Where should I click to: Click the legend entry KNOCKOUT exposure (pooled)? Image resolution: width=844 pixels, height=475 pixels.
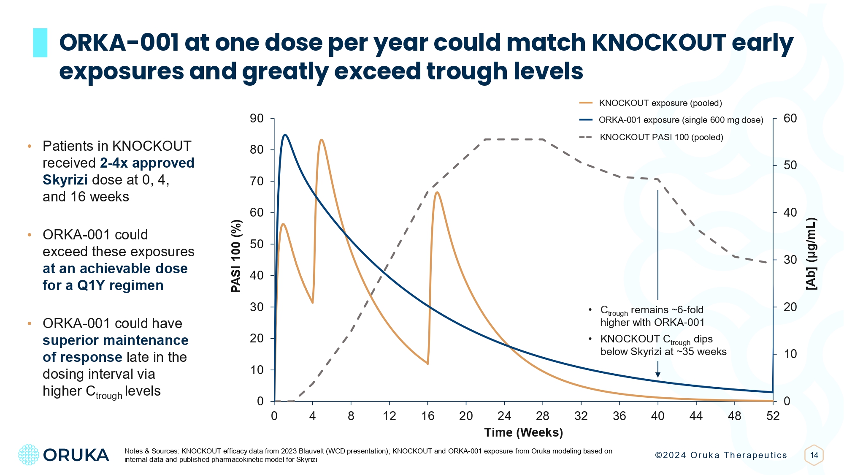[660, 103]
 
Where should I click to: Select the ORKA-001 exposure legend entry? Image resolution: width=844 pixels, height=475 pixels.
[681, 120]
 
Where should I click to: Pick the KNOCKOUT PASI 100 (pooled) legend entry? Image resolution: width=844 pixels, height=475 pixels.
[661, 137]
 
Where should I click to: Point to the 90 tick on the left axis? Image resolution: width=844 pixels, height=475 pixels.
[257, 119]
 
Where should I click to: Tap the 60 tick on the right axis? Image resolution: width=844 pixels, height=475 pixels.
[790, 119]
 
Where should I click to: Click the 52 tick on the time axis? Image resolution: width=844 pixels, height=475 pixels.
[773, 416]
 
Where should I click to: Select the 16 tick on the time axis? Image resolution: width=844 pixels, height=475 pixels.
[427, 416]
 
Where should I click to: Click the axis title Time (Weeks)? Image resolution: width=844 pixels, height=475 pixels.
[523, 432]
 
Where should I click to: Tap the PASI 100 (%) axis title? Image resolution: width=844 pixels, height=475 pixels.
[236, 256]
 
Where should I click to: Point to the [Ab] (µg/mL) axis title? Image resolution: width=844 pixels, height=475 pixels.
[811, 254]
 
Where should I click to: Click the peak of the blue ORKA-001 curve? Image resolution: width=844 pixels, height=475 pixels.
[285, 135]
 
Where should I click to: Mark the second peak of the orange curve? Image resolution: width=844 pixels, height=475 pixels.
[322, 140]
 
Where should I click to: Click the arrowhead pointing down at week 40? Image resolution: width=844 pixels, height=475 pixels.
[657, 375]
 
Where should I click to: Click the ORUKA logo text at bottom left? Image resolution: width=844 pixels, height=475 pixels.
[76, 455]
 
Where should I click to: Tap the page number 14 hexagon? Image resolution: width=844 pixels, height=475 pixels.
[814, 455]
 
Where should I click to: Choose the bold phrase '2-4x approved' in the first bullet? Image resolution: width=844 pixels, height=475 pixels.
[147, 163]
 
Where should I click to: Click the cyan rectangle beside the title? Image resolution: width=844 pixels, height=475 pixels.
[40, 43]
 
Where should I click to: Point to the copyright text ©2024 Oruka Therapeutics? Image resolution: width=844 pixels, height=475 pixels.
[721, 455]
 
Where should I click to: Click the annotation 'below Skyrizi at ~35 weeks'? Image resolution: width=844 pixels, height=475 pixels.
[663, 352]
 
